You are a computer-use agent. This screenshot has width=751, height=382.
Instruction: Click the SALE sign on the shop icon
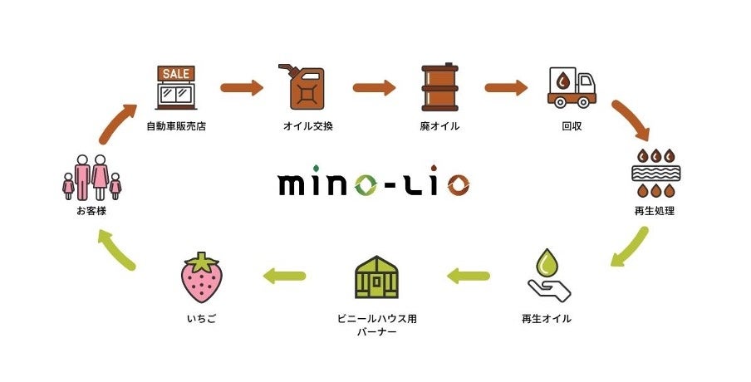[x=175, y=73]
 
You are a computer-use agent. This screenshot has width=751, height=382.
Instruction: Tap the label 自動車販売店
[x=175, y=127]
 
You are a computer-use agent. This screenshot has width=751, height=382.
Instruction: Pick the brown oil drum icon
[x=439, y=87]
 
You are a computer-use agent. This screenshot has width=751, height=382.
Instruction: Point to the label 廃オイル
[x=439, y=127]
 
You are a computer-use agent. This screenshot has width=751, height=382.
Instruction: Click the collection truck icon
[x=572, y=87]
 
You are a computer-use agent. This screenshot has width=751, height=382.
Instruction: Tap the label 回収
[x=572, y=127]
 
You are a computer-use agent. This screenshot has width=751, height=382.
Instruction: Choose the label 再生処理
[x=655, y=211]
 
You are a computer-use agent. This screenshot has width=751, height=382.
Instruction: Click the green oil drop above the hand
[x=548, y=263]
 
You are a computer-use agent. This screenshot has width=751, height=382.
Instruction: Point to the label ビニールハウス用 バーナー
[x=373, y=325]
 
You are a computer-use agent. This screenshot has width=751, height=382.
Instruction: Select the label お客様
[x=91, y=211]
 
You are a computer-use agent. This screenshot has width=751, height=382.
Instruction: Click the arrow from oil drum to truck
[x=506, y=86]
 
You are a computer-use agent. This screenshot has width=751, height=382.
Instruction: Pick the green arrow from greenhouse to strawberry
[x=284, y=276]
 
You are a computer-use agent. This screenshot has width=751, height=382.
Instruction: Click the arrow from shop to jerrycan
[x=242, y=86]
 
